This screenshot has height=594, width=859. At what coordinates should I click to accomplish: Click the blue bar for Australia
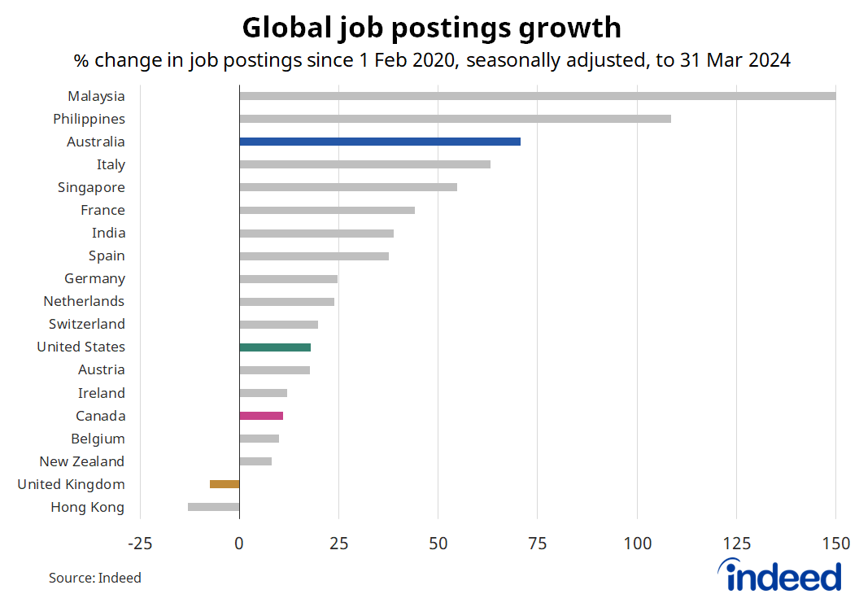[x=380, y=142]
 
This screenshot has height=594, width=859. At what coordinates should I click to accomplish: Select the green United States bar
[x=275, y=347]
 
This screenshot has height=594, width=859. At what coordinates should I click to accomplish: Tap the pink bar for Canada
[x=261, y=416]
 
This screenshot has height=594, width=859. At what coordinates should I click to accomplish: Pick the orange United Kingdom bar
[x=225, y=484]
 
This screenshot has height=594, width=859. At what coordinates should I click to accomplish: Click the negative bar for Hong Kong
[x=214, y=507]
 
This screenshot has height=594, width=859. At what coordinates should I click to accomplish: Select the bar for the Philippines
[x=455, y=119]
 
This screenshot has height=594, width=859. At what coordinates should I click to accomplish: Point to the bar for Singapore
[x=348, y=187]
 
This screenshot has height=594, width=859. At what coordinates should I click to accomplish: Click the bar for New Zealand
[x=255, y=461]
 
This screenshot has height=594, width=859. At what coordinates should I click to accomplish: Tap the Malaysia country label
[x=96, y=96]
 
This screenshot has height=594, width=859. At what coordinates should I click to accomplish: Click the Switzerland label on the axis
[x=86, y=324]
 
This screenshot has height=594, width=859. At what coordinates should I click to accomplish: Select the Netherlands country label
[x=84, y=301]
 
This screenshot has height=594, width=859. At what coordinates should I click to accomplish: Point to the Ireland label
[x=101, y=393]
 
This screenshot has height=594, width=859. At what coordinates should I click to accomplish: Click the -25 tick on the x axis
[x=140, y=543]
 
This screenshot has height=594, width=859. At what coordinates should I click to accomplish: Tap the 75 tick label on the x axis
[x=538, y=543]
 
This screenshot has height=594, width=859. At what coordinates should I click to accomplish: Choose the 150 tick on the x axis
[x=835, y=543]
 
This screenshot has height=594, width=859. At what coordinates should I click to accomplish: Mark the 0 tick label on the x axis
[x=239, y=543]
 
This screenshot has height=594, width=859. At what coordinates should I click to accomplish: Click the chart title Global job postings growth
[x=432, y=28]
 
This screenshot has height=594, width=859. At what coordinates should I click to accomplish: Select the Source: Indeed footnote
[x=94, y=578]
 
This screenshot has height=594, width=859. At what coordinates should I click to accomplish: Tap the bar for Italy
[x=364, y=164]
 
